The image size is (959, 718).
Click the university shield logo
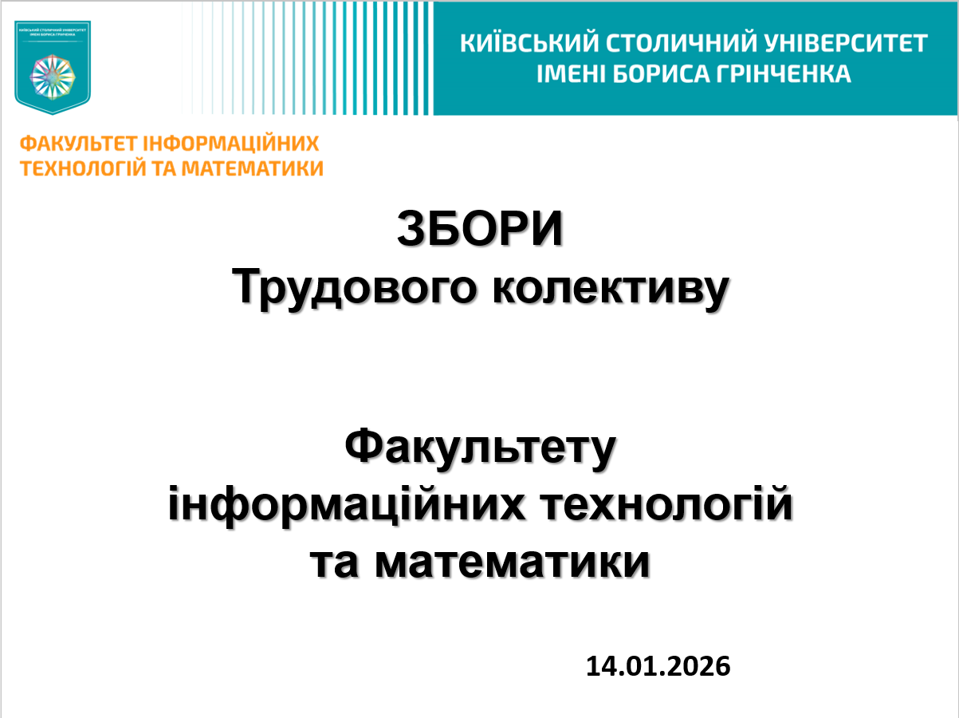tap(53, 67)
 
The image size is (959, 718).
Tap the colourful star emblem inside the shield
tap(53, 76)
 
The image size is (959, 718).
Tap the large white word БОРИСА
tap(676, 74)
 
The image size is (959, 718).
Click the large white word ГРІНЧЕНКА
tap(794, 74)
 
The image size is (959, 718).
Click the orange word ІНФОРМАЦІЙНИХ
tap(232, 144)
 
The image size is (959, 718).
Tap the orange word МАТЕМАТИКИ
tap(254, 168)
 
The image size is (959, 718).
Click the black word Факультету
tap(481, 448)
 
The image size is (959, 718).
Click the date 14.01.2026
tap(658, 665)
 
